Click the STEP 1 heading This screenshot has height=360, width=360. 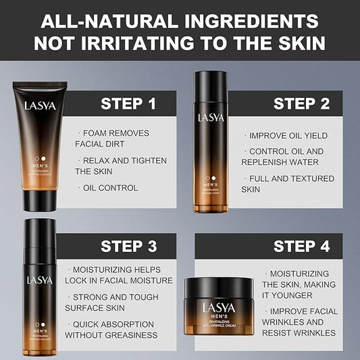pos(128,103)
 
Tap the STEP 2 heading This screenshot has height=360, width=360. pos(301,103)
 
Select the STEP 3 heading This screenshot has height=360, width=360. pos(128,246)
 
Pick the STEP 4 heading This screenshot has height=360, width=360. pos(301,246)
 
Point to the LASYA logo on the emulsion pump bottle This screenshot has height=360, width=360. pos(39,279)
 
